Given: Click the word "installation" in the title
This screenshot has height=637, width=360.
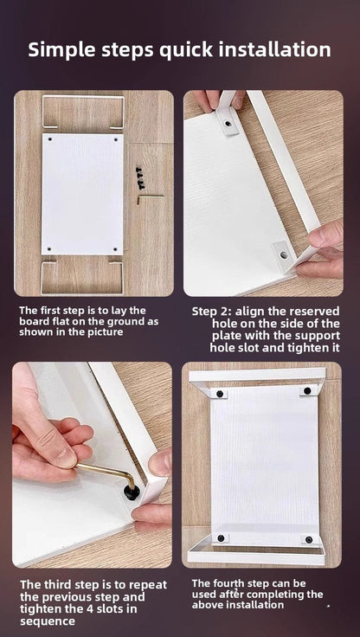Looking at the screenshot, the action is pos(274,49).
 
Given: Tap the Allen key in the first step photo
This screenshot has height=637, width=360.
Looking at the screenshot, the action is pos(151,199).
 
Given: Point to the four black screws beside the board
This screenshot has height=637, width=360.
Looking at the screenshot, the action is pos(140,177).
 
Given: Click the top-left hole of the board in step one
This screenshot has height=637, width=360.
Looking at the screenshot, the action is pos(50,139).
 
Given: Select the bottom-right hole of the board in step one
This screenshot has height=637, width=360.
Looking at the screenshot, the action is pos(115,248).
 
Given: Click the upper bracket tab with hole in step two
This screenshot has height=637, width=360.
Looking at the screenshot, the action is pos(227,121).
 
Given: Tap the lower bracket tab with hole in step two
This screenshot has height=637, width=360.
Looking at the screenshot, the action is pos(283,254).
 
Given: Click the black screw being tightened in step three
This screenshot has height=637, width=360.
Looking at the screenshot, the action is pos(132,492).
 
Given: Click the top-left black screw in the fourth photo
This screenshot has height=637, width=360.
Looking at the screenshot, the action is pos(220,393).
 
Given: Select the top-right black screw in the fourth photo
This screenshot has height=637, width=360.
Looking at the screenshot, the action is pos(307,391).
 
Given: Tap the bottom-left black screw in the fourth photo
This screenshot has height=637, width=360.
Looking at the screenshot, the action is pos(221,537).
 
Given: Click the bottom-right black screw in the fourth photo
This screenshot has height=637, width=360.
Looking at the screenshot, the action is pos(309,539).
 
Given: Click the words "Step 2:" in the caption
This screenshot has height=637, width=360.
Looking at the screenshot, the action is pos(211,312).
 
